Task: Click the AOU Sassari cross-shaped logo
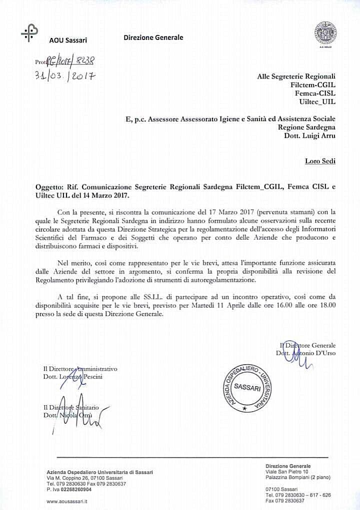29,32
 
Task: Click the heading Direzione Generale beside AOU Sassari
153,37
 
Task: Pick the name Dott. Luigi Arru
312,136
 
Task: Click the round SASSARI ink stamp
247,388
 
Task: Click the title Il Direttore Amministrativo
80,369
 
